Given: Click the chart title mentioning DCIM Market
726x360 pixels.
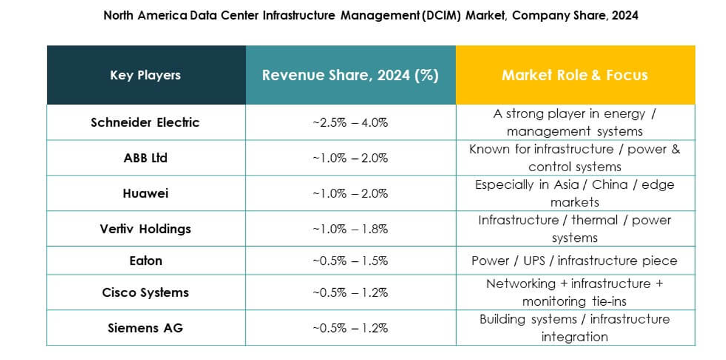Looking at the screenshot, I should click(x=370, y=16).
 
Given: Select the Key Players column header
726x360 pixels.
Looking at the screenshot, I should click(x=145, y=75).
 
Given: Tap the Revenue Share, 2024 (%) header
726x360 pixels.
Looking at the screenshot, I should click(x=350, y=75).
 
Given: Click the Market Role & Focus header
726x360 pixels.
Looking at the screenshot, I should click(x=575, y=75).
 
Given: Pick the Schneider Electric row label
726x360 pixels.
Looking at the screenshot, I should click(x=145, y=123).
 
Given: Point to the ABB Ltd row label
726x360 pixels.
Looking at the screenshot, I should click(x=145, y=158).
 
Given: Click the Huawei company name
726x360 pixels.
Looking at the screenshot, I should click(x=145, y=193).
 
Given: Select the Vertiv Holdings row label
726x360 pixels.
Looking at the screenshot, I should click(x=145, y=229).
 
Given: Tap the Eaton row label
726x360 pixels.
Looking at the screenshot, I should click(x=145, y=261).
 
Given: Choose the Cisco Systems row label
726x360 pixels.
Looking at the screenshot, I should click(x=145, y=292).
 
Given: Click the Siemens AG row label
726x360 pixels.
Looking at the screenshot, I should click(x=145, y=328).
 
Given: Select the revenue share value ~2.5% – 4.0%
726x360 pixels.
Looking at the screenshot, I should click(x=350, y=123).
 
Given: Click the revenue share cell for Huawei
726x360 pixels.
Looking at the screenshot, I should click(x=350, y=193).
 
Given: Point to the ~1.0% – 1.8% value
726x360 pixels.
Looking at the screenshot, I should click(x=350, y=229).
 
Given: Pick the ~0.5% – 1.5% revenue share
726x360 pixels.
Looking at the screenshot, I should click(x=350, y=261).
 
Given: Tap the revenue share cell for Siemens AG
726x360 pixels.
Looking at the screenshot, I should click(x=350, y=328).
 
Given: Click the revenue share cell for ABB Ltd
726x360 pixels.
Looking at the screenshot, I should click(x=350, y=158).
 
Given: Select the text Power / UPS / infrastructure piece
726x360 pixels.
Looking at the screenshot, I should click(x=575, y=261).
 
